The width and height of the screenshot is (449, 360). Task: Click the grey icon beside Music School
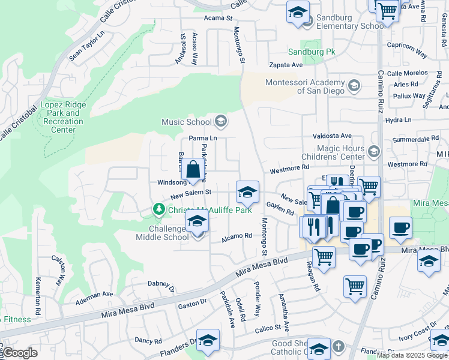pyautogui.click(x=220, y=122)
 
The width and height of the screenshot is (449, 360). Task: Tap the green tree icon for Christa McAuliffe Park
pyautogui.click(x=158, y=209)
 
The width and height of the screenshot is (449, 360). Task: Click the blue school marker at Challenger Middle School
pyautogui.click(x=197, y=223)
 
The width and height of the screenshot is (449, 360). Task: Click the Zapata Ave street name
pyautogui.click(x=286, y=64)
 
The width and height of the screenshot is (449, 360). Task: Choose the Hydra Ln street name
pyautogui.click(x=399, y=120)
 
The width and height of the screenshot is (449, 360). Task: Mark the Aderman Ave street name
pyautogui.click(x=94, y=295)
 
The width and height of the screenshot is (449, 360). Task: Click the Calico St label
pyautogui.click(x=268, y=328)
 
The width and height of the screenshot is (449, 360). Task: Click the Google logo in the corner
pyautogui.click(x=19, y=353)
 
